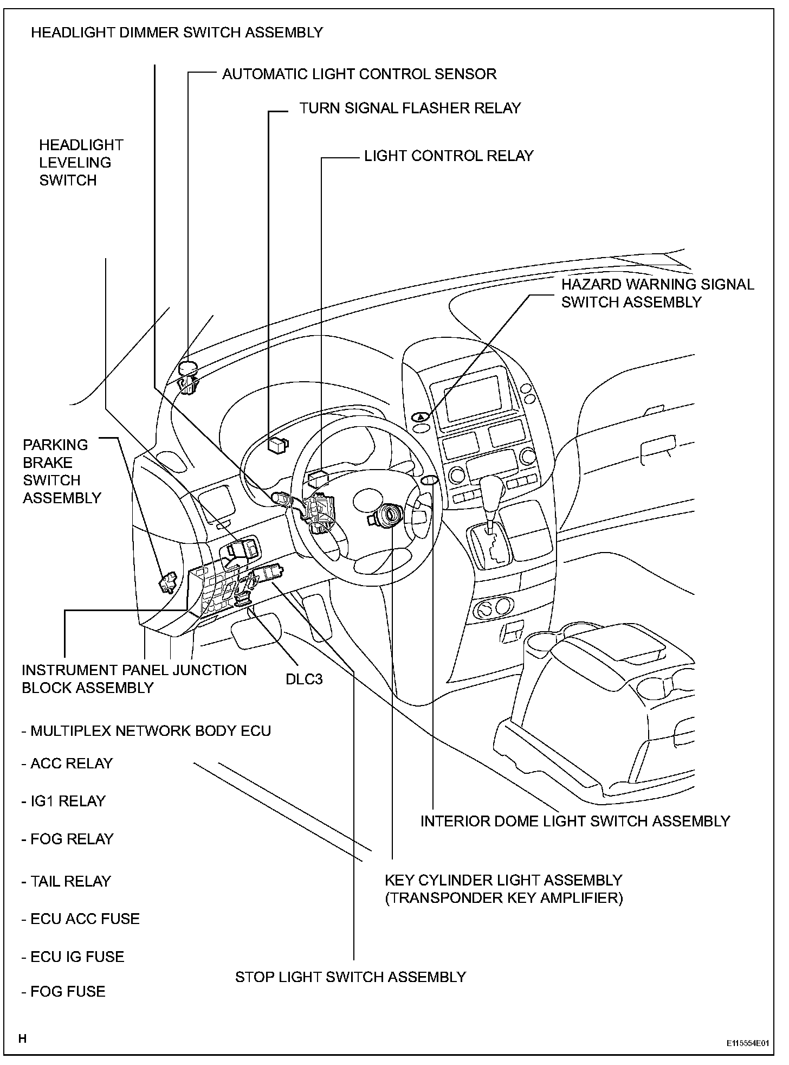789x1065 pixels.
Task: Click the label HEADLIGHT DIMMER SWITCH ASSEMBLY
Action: [x=177, y=33]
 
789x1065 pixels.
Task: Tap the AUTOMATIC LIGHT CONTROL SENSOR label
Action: [x=359, y=74]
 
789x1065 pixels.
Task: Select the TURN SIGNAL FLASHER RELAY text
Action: [x=410, y=108]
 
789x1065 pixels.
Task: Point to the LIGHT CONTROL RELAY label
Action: [x=449, y=156]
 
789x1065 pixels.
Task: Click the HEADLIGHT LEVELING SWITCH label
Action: [x=81, y=163]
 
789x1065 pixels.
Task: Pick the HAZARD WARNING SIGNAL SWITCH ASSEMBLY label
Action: [x=657, y=293]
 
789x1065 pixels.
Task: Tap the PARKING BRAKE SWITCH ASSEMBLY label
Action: [x=62, y=471]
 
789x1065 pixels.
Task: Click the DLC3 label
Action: [x=304, y=679]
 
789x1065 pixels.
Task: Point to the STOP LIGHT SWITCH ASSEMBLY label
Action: [x=351, y=977]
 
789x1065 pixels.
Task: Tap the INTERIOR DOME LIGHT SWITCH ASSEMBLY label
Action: [x=575, y=821]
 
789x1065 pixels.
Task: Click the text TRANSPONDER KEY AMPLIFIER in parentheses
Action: [x=504, y=898]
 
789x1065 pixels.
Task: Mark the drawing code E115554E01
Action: [x=748, y=1043]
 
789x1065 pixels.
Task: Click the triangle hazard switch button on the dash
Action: [x=421, y=417]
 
